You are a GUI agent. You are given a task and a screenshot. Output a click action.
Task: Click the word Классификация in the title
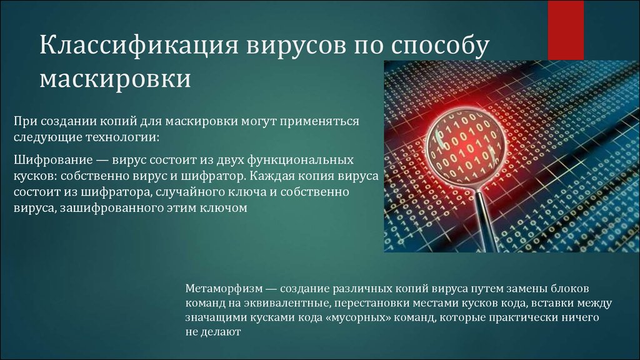(x=139, y=46)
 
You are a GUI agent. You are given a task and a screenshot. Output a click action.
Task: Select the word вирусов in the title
(x=295, y=46)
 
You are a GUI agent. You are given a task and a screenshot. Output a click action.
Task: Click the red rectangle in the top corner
(x=566, y=30)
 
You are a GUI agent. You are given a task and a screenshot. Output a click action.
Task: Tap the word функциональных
(x=300, y=160)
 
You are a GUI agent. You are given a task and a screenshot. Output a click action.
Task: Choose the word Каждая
(x=271, y=176)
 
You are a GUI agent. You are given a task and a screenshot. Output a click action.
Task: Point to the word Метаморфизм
(x=224, y=289)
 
